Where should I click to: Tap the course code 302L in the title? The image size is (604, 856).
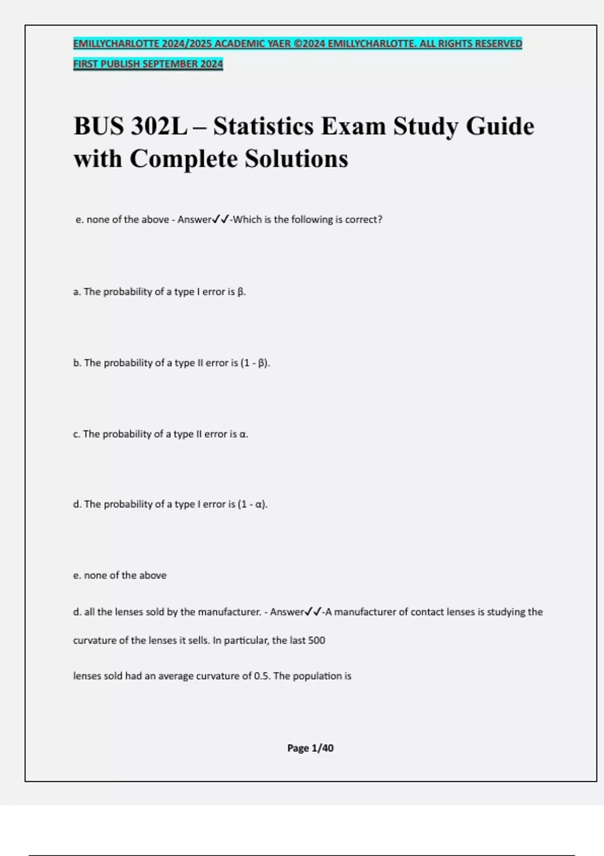(x=159, y=126)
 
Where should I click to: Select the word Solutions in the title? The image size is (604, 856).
(x=296, y=159)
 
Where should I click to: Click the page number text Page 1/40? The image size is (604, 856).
(x=310, y=748)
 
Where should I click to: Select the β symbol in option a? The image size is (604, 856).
(x=241, y=292)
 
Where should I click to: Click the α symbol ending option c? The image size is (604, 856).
(x=243, y=434)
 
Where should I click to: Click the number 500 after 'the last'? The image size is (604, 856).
(x=317, y=640)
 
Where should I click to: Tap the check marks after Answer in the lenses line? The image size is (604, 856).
(x=314, y=612)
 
